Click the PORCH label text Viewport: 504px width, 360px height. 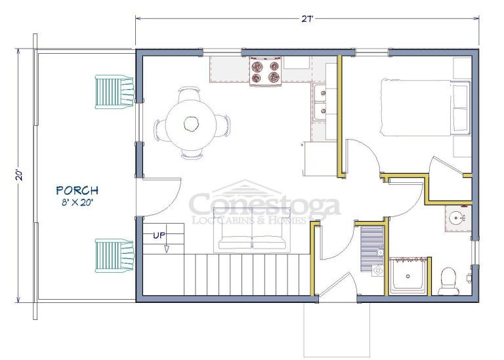[x=77, y=190]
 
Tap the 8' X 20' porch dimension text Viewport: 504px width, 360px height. [x=77, y=203]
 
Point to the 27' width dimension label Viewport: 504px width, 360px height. [x=307, y=19]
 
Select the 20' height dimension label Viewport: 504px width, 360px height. [x=20, y=175]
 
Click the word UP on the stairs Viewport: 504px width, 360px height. [x=159, y=235]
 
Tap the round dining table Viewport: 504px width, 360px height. [x=191, y=123]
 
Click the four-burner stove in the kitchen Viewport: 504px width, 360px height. [x=266, y=71]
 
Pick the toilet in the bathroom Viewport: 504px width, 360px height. [x=448, y=281]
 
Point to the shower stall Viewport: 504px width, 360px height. [x=408, y=275]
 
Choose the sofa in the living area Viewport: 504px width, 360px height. [x=252, y=229]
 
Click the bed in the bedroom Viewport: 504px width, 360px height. [x=425, y=108]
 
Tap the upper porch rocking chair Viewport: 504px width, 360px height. [x=114, y=92]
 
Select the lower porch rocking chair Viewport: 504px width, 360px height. [x=114, y=256]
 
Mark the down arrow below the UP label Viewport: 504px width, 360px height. [x=167, y=249]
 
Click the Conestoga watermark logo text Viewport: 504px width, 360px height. [x=264, y=205]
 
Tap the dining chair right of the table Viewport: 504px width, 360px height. [x=224, y=125]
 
